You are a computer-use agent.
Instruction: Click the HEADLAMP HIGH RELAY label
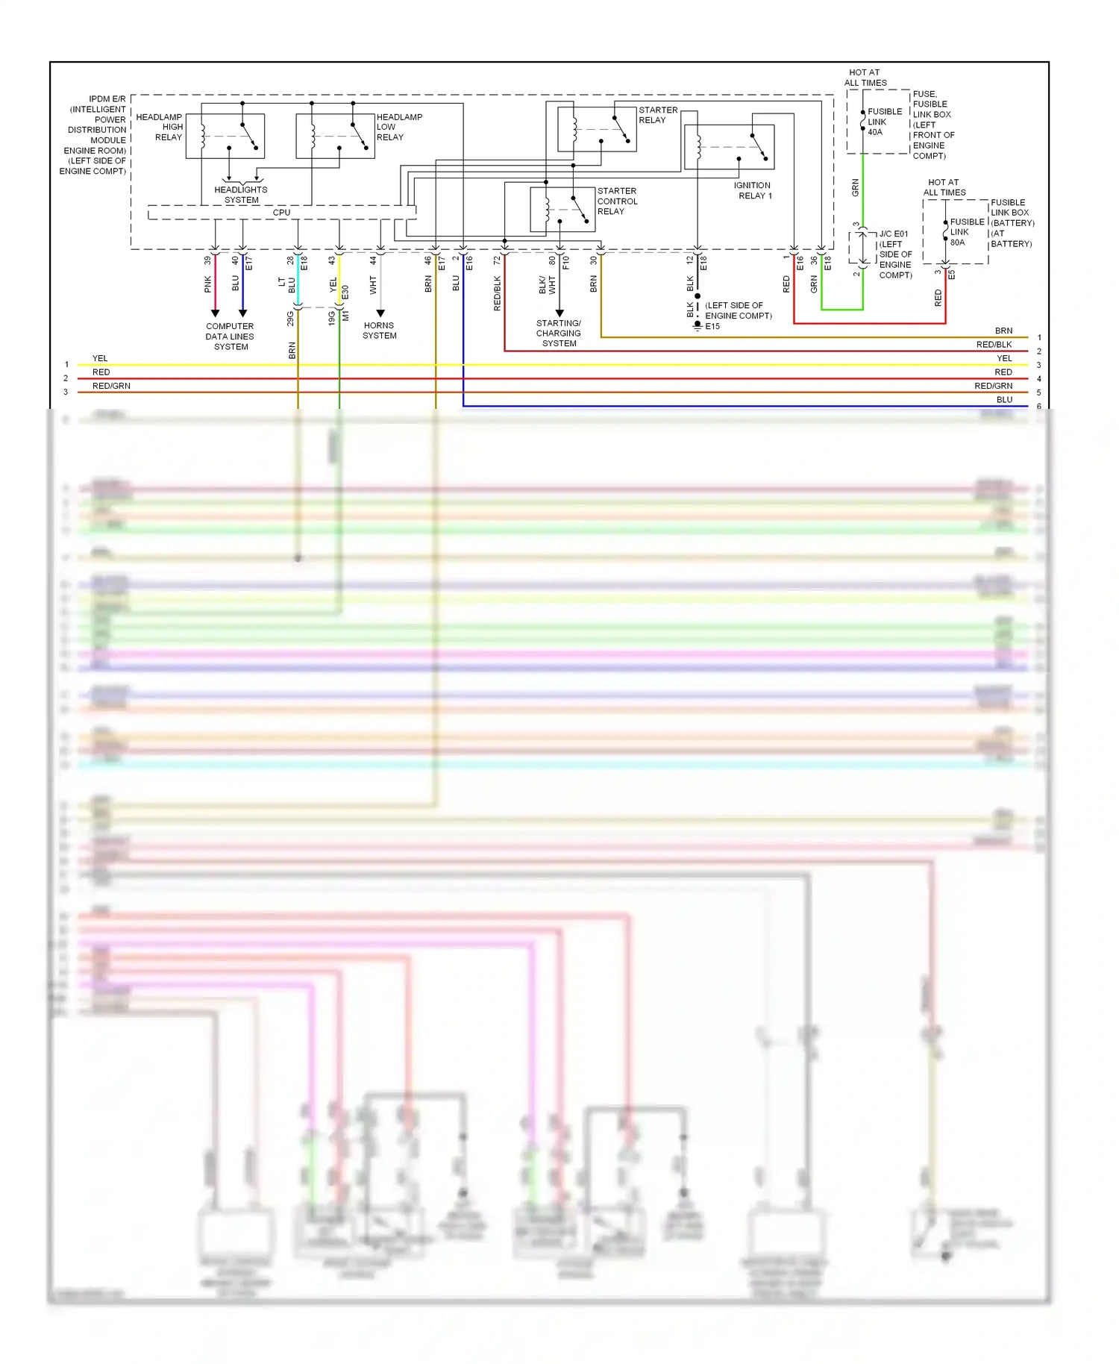click(160, 127)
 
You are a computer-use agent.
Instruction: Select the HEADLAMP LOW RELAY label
click(398, 127)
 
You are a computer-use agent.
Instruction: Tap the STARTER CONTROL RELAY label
click(617, 201)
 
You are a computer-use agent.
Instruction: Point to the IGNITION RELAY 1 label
click(753, 190)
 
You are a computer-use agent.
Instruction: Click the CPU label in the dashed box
click(281, 213)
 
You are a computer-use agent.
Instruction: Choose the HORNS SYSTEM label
click(380, 331)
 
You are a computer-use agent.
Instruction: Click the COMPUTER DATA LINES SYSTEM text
click(230, 337)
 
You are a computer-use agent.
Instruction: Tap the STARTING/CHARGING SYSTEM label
click(559, 334)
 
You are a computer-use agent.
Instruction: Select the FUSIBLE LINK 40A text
click(884, 122)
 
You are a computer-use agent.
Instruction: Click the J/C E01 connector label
click(894, 234)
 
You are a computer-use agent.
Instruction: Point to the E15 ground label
click(712, 326)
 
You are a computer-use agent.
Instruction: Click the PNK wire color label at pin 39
click(208, 284)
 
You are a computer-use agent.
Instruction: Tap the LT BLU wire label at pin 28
click(287, 284)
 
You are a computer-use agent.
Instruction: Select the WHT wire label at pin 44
click(373, 284)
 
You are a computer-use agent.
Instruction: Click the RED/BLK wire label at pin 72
click(497, 293)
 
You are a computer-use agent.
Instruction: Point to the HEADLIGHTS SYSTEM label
click(241, 195)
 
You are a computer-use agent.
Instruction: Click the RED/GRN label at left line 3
click(111, 386)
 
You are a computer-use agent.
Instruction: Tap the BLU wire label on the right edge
click(1004, 400)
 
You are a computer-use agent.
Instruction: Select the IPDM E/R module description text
click(95, 135)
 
